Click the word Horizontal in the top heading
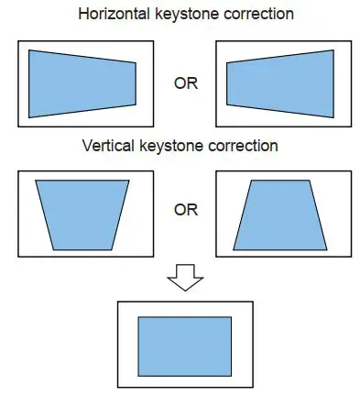[x=115, y=15]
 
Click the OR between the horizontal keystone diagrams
[x=185, y=83]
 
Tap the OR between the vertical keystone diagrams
[x=185, y=210]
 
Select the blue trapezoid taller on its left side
[x=82, y=83]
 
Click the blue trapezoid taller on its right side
[x=283, y=83]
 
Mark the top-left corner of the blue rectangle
[x=138, y=317]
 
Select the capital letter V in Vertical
[x=86, y=145]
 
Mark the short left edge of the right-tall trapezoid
[x=228, y=83]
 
